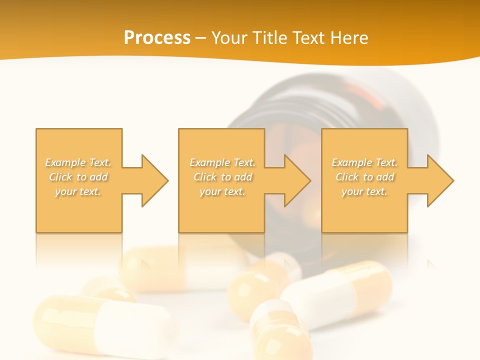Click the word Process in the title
pos(157,38)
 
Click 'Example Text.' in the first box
pos(78,162)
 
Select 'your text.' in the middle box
pos(222,191)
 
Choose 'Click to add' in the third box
pos(365,177)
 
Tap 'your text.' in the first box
pos(78,191)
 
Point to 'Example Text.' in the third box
pos(364,162)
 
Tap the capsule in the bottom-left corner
pos(100,325)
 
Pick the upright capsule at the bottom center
pos(277,332)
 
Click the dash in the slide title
pos(200,38)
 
